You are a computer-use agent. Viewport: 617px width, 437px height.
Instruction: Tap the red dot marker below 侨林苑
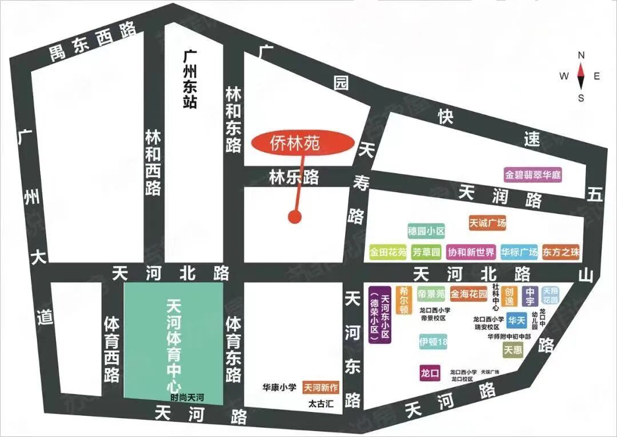(x=295, y=217)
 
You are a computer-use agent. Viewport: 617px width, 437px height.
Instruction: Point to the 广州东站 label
(x=190, y=80)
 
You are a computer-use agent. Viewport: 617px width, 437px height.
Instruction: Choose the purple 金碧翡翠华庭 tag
(x=533, y=175)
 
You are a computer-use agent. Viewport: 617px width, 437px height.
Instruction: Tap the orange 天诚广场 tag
(x=487, y=223)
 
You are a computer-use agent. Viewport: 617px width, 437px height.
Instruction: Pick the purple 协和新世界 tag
(x=471, y=252)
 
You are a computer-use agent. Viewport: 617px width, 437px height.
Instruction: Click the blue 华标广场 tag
(x=519, y=252)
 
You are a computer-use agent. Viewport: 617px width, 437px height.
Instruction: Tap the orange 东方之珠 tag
(x=561, y=252)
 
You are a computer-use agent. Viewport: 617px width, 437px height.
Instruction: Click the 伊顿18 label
(x=433, y=343)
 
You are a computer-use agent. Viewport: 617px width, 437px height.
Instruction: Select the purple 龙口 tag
(x=429, y=373)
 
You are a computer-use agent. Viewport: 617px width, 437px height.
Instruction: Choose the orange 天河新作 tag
(x=320, y=388)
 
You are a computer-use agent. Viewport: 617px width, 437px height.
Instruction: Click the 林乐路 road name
(x=294, y=178)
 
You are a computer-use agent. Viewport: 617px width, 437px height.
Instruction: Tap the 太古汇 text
(x=320, y=404)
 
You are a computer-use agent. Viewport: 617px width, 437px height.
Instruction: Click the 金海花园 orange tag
(x=468, y=294)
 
